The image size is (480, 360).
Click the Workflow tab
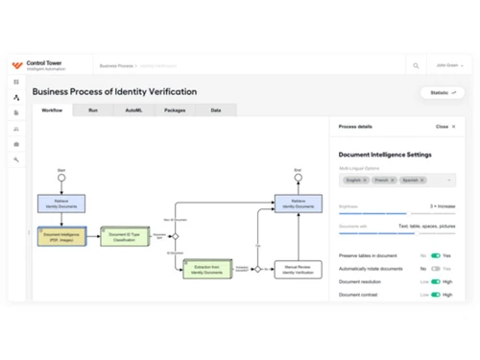[52, 110]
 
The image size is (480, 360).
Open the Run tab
[93, 110]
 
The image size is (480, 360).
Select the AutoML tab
[133, 110]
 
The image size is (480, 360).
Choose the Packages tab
[175, 110]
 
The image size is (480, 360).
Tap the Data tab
[216, 110]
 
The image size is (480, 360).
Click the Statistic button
[442, 93]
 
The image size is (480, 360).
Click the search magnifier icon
[416, 66]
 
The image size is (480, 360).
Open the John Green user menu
[448, 66]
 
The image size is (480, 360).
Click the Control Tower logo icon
[16, 65]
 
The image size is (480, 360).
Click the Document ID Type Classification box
[126, 236]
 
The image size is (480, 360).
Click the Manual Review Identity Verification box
[298, 269]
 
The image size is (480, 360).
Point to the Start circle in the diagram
[61, 178]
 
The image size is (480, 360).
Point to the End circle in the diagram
[298, 178]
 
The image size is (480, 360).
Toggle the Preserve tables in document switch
[436, 256]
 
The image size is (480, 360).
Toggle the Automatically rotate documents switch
[436, 269]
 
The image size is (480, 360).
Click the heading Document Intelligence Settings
[385, 154]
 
